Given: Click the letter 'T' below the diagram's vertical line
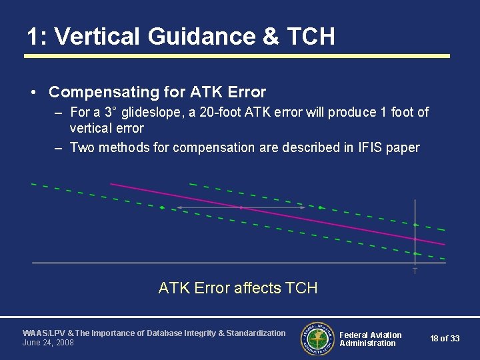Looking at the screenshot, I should (415, 271).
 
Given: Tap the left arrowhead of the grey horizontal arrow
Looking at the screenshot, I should (178, 208).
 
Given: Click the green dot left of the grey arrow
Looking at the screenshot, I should (162, 208).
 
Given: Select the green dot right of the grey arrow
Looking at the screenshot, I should (321, 208).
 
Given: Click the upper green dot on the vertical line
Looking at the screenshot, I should (415, 225).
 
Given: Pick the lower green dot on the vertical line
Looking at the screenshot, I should (415, 253).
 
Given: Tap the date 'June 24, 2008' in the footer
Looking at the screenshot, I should (48, 343).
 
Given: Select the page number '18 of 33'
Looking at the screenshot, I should (445, 339).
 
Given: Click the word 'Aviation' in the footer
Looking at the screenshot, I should (386, 335).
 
